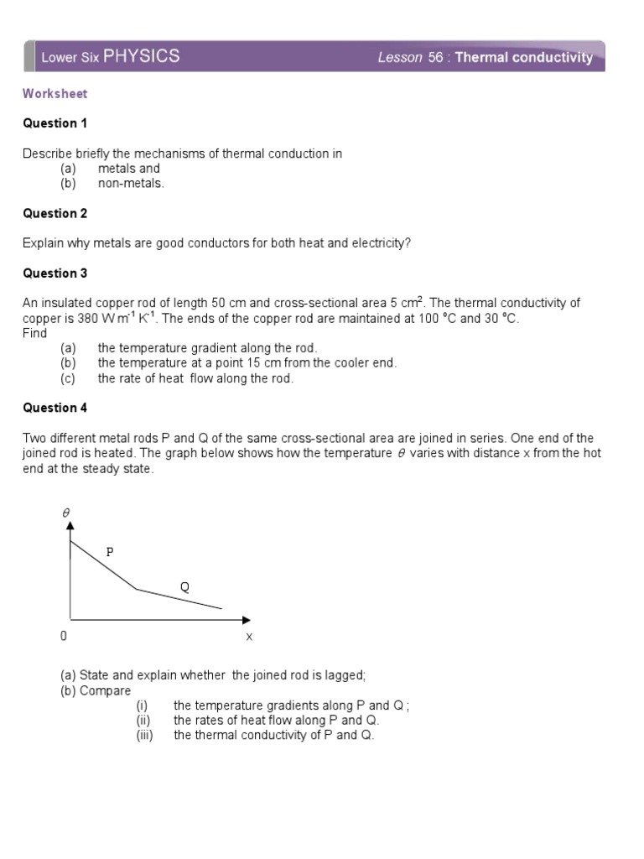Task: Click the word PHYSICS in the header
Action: (141, 56)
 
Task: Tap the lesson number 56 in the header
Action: (439, 58)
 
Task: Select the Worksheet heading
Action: (55, 94)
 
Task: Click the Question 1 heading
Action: (55, 123)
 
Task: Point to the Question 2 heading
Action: (55, 214)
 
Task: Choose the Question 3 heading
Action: (55, 273)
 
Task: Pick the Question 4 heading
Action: (55, 408)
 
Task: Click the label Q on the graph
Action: (184, 587)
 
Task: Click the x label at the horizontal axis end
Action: (249, 637)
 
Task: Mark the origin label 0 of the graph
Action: (64, 637)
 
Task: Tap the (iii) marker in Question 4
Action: (146, 735)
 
